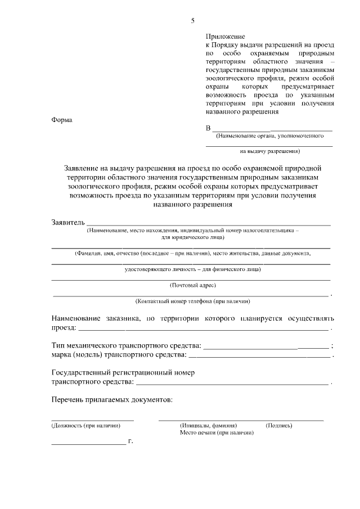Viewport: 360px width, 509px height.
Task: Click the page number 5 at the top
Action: pos(192,21)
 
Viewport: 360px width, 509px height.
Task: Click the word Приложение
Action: pos(225,36)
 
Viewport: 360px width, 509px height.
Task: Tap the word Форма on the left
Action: pos(62,120)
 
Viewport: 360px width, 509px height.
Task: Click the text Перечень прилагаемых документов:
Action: pos(112,400)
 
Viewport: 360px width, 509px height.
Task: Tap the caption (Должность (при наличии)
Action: pos(86,426)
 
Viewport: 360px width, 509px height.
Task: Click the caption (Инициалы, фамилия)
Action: pos(208,426)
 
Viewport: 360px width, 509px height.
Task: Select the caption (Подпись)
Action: pos(279,426)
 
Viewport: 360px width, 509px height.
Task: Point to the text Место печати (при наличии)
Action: pos(217,433)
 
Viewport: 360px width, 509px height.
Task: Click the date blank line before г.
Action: pos(88,444)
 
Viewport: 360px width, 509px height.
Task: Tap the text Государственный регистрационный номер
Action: pos(123,373)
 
